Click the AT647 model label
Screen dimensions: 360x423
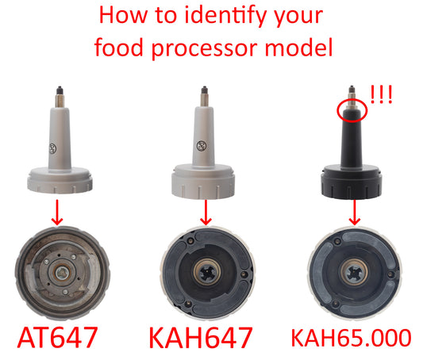(57, 336)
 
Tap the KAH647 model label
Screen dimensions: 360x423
(206, 336)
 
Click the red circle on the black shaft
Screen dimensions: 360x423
(351, 110)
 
